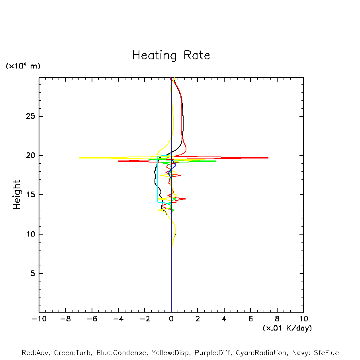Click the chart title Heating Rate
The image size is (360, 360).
click(x=171, y=55)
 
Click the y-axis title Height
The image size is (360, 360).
click(x=17, y=195)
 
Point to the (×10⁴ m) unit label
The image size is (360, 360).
click(x=23, y=66)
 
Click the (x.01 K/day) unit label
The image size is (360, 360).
click(x=287, y=328)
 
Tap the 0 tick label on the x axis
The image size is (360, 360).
click(x=171, y=319)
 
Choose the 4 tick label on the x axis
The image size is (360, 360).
click(x=224, y=319)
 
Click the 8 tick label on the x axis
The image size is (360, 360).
click(x=277, y=319)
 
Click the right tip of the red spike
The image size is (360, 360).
click(x=268, y=158)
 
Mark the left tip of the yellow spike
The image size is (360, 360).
click(x=79, y=158)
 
